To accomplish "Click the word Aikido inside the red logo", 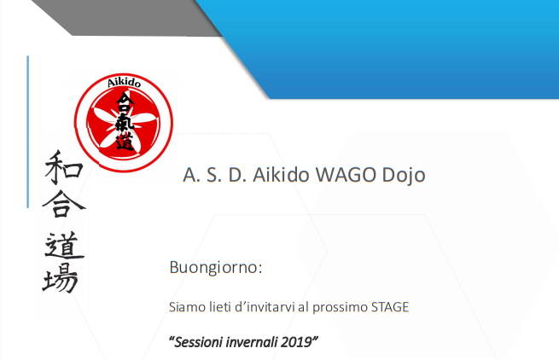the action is [x=124, y=83].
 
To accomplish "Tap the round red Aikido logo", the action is [x=124, y=123].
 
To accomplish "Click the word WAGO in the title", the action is [x=346, y=175].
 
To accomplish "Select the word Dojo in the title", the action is [x=404, y=176].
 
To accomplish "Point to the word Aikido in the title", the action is [x=281, y=175].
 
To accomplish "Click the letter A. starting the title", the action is [x=190, y=175].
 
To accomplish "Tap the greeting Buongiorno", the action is [x=216, y=267].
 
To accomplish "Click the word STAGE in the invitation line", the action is [x=390, y=307].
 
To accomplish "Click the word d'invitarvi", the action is [x=265, y=307].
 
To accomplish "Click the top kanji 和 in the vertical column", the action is [x=63, y=167].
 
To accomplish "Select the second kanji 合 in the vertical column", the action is [x=64, y=204].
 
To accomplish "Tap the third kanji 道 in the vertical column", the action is [x=64, y=245].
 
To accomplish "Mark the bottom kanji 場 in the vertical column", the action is [x=61, y=277].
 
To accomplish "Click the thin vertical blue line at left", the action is [x=28, y=131].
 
